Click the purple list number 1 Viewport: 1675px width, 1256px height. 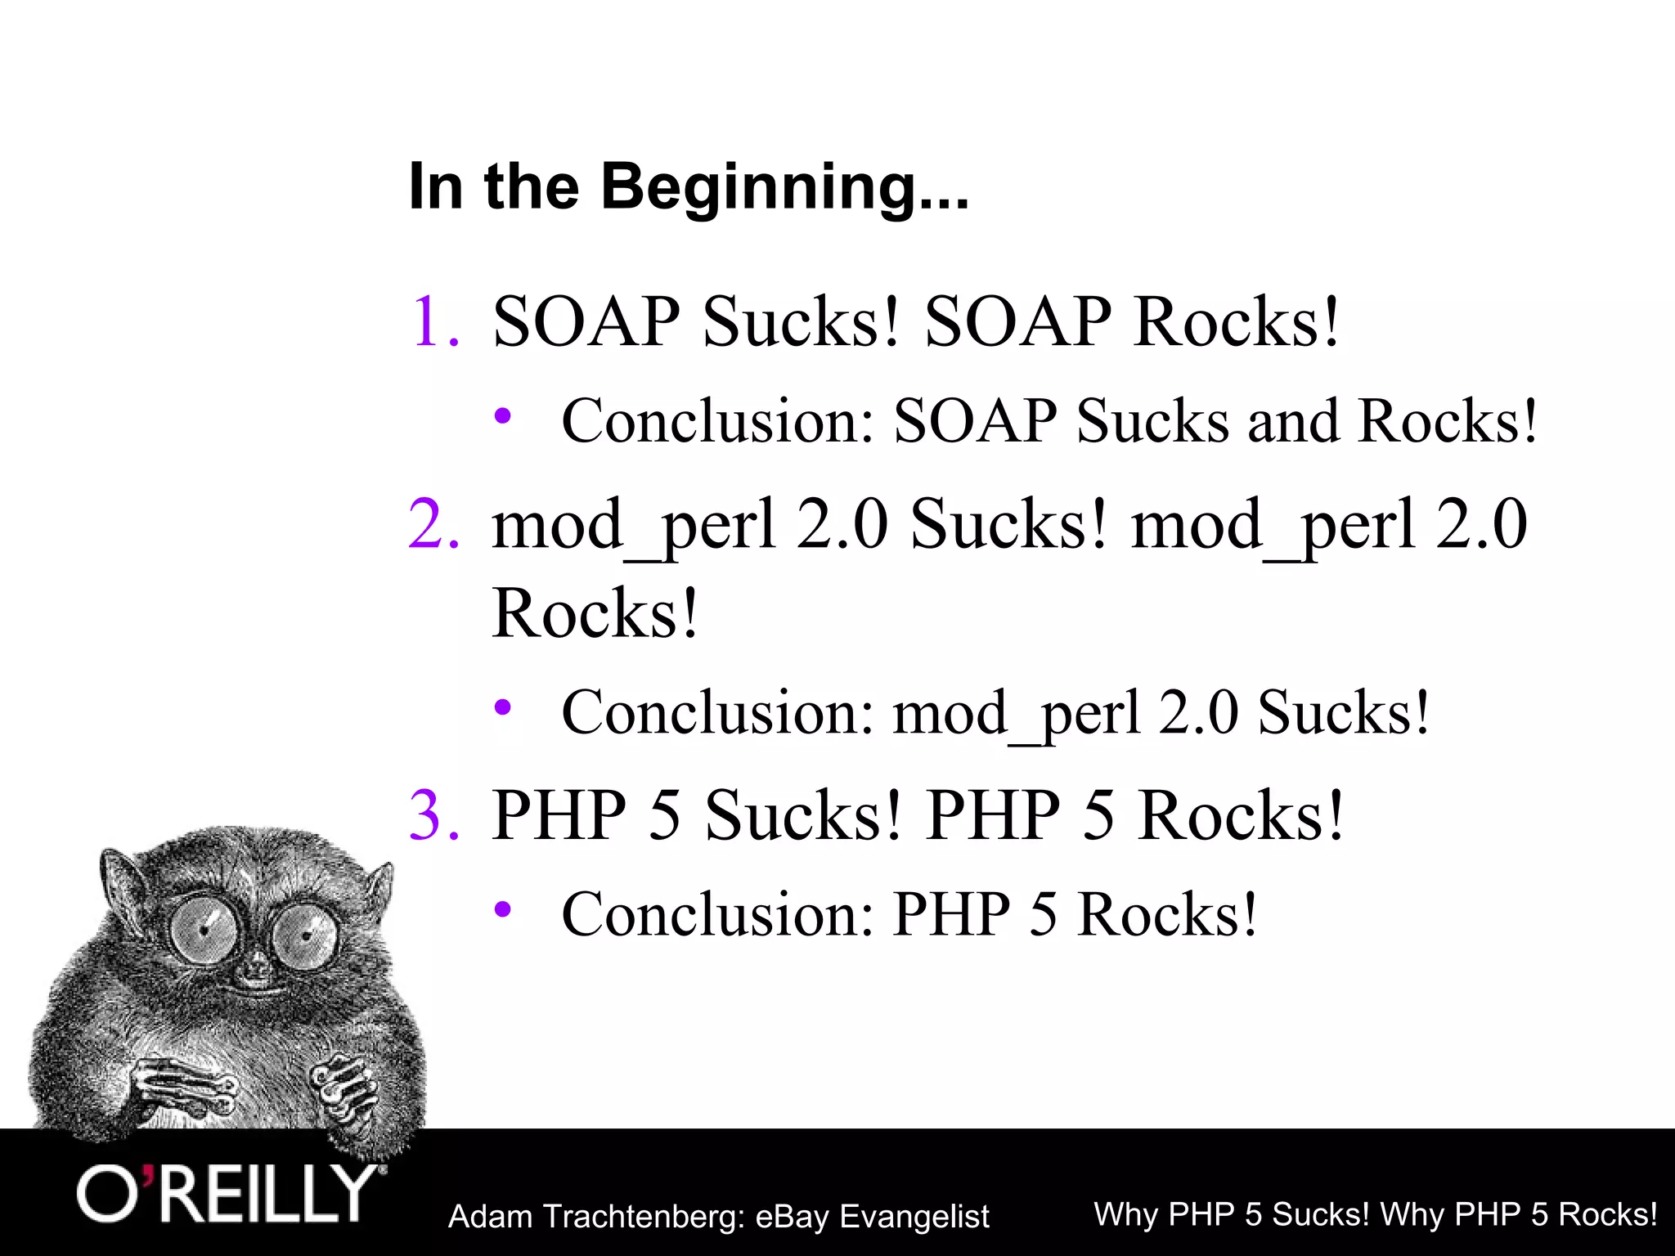(433, 322)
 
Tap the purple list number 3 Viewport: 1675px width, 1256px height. (433, 815)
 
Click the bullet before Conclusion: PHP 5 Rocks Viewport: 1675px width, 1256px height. (503, 908)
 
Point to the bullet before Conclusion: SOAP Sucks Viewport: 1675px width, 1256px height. (503, 416)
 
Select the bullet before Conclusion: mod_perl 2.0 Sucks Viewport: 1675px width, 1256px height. (503, 706)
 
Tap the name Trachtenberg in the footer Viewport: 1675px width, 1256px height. (643, 1217)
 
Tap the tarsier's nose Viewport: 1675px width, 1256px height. (257, 971)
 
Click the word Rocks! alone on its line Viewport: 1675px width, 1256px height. (595, 613)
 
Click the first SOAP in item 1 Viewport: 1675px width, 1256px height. (586, 322)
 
